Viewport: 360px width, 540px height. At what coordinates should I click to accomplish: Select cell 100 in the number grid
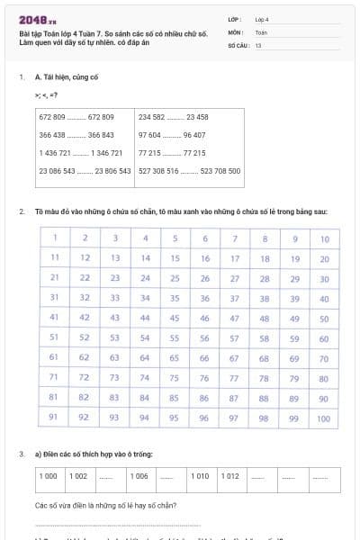coord(324,418)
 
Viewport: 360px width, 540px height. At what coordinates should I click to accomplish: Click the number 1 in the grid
coord(56,238)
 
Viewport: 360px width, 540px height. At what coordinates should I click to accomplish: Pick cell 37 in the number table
coord(235,298)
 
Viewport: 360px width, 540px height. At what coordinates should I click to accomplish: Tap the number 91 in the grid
coord(56,417)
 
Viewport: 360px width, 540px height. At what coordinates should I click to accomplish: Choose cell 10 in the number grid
coord(324,239)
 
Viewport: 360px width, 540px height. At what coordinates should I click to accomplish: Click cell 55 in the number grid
coord(175,338)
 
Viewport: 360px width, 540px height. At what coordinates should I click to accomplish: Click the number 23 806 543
coord(112,170)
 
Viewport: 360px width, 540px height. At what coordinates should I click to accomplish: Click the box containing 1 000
coord(49,476)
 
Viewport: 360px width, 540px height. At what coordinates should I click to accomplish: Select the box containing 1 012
coord(232,476)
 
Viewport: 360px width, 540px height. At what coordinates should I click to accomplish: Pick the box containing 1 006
coord(139,476)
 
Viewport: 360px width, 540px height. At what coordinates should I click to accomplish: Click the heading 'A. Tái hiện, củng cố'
coord(66,78)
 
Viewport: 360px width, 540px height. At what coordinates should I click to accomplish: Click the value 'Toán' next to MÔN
coord(261,31)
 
